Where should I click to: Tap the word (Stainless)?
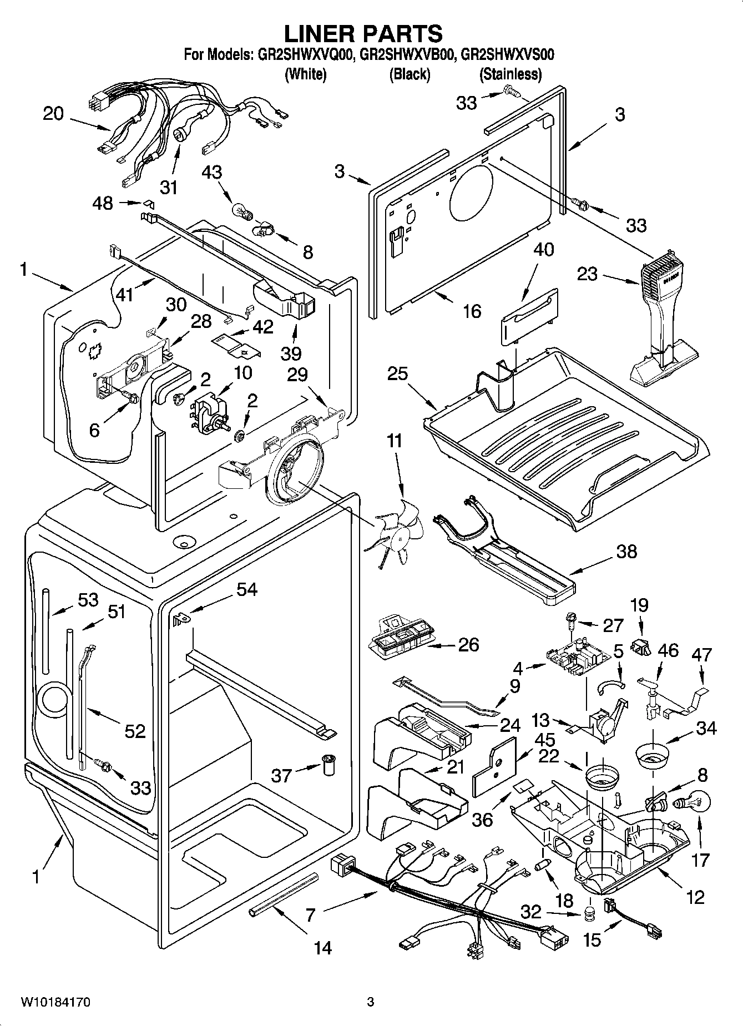coord(510,74)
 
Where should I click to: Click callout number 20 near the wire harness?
coord(54,114)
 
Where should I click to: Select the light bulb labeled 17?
coord(690,802)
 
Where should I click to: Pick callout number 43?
coord(211,172)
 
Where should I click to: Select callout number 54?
coord(246,589)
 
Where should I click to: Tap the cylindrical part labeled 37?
coord(328,765)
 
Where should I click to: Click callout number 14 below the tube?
coord(322,948)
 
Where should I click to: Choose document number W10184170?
coord(56,1002)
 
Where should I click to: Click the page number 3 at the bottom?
coord(371,1002)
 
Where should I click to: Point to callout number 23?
coord(587,274)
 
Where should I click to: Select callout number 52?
coord(135,731)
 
